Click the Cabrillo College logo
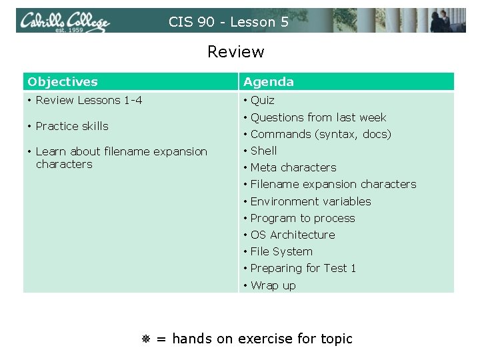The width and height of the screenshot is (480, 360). (64, 22)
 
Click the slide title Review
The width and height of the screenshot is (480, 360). (235, 52)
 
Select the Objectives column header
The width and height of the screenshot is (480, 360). (63, 82)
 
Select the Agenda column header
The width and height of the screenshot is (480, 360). (269, 82)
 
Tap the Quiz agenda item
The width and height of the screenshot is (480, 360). (262, 101)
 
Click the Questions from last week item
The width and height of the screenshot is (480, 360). (318, 117)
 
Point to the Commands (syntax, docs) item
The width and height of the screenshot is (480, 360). (321, 134)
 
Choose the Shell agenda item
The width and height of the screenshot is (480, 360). (263, 151)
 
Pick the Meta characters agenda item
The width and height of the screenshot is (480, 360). (293, 167)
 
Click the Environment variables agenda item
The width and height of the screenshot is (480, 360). (311, 201)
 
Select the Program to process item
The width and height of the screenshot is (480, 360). (303, 218)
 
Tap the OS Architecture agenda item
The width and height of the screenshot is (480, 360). (293, 235)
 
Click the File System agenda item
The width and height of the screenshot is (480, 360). (281, 251)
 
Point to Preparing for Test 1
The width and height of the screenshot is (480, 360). (303, 268)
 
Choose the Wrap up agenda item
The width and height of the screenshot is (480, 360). (273, 285)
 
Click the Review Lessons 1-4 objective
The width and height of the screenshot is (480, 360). (89, 101)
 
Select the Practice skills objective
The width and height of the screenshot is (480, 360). (72, 126)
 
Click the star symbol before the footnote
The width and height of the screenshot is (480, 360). (146, 339)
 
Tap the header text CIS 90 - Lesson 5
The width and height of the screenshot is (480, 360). (229, 22)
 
